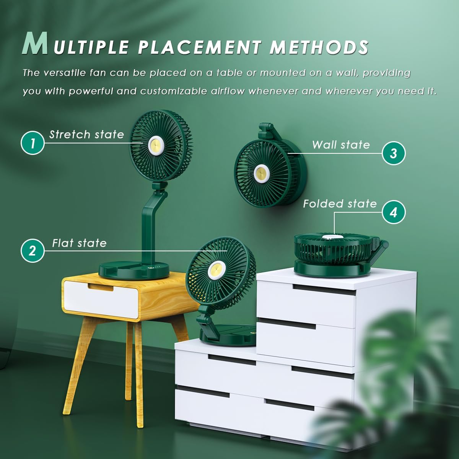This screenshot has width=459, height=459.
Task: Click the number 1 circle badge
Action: click(x=33, y=143)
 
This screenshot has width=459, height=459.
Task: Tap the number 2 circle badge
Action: click(x=32, y=251)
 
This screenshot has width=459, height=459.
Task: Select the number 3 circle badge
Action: click(x=394, y=153)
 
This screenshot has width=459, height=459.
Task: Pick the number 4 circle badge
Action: click(x=394, y=212)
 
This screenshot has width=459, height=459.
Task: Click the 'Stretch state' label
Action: click(x=86, y=135)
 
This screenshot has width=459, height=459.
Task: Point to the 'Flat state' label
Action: click(x=79, y=243)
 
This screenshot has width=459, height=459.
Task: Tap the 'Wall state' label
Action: click(x=341, y=145)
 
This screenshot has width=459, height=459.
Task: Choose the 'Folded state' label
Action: click(x=340, y=204)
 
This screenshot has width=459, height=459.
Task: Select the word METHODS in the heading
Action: click(x=319, y=47)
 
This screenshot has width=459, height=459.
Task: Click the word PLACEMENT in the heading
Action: click(x=199, y=47)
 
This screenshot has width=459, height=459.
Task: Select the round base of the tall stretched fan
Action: click(x=134, y=270)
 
